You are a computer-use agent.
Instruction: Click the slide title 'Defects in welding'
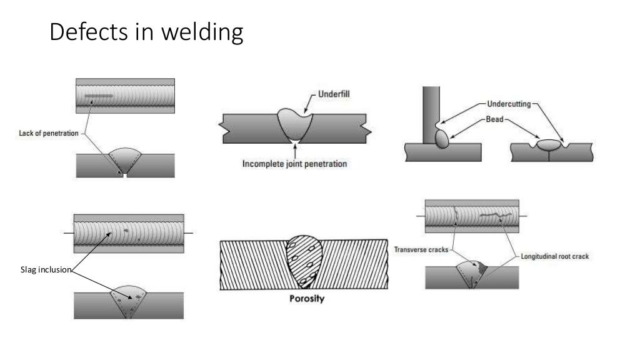coord(146,33)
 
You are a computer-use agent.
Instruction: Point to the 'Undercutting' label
coord(507,104)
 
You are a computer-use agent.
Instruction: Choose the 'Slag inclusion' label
coord(46,270)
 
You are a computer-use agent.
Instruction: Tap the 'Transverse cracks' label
coord(420,249)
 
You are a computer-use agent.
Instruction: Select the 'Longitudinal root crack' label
coord(554,256)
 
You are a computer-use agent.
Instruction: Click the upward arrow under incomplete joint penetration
coord(294,148)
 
